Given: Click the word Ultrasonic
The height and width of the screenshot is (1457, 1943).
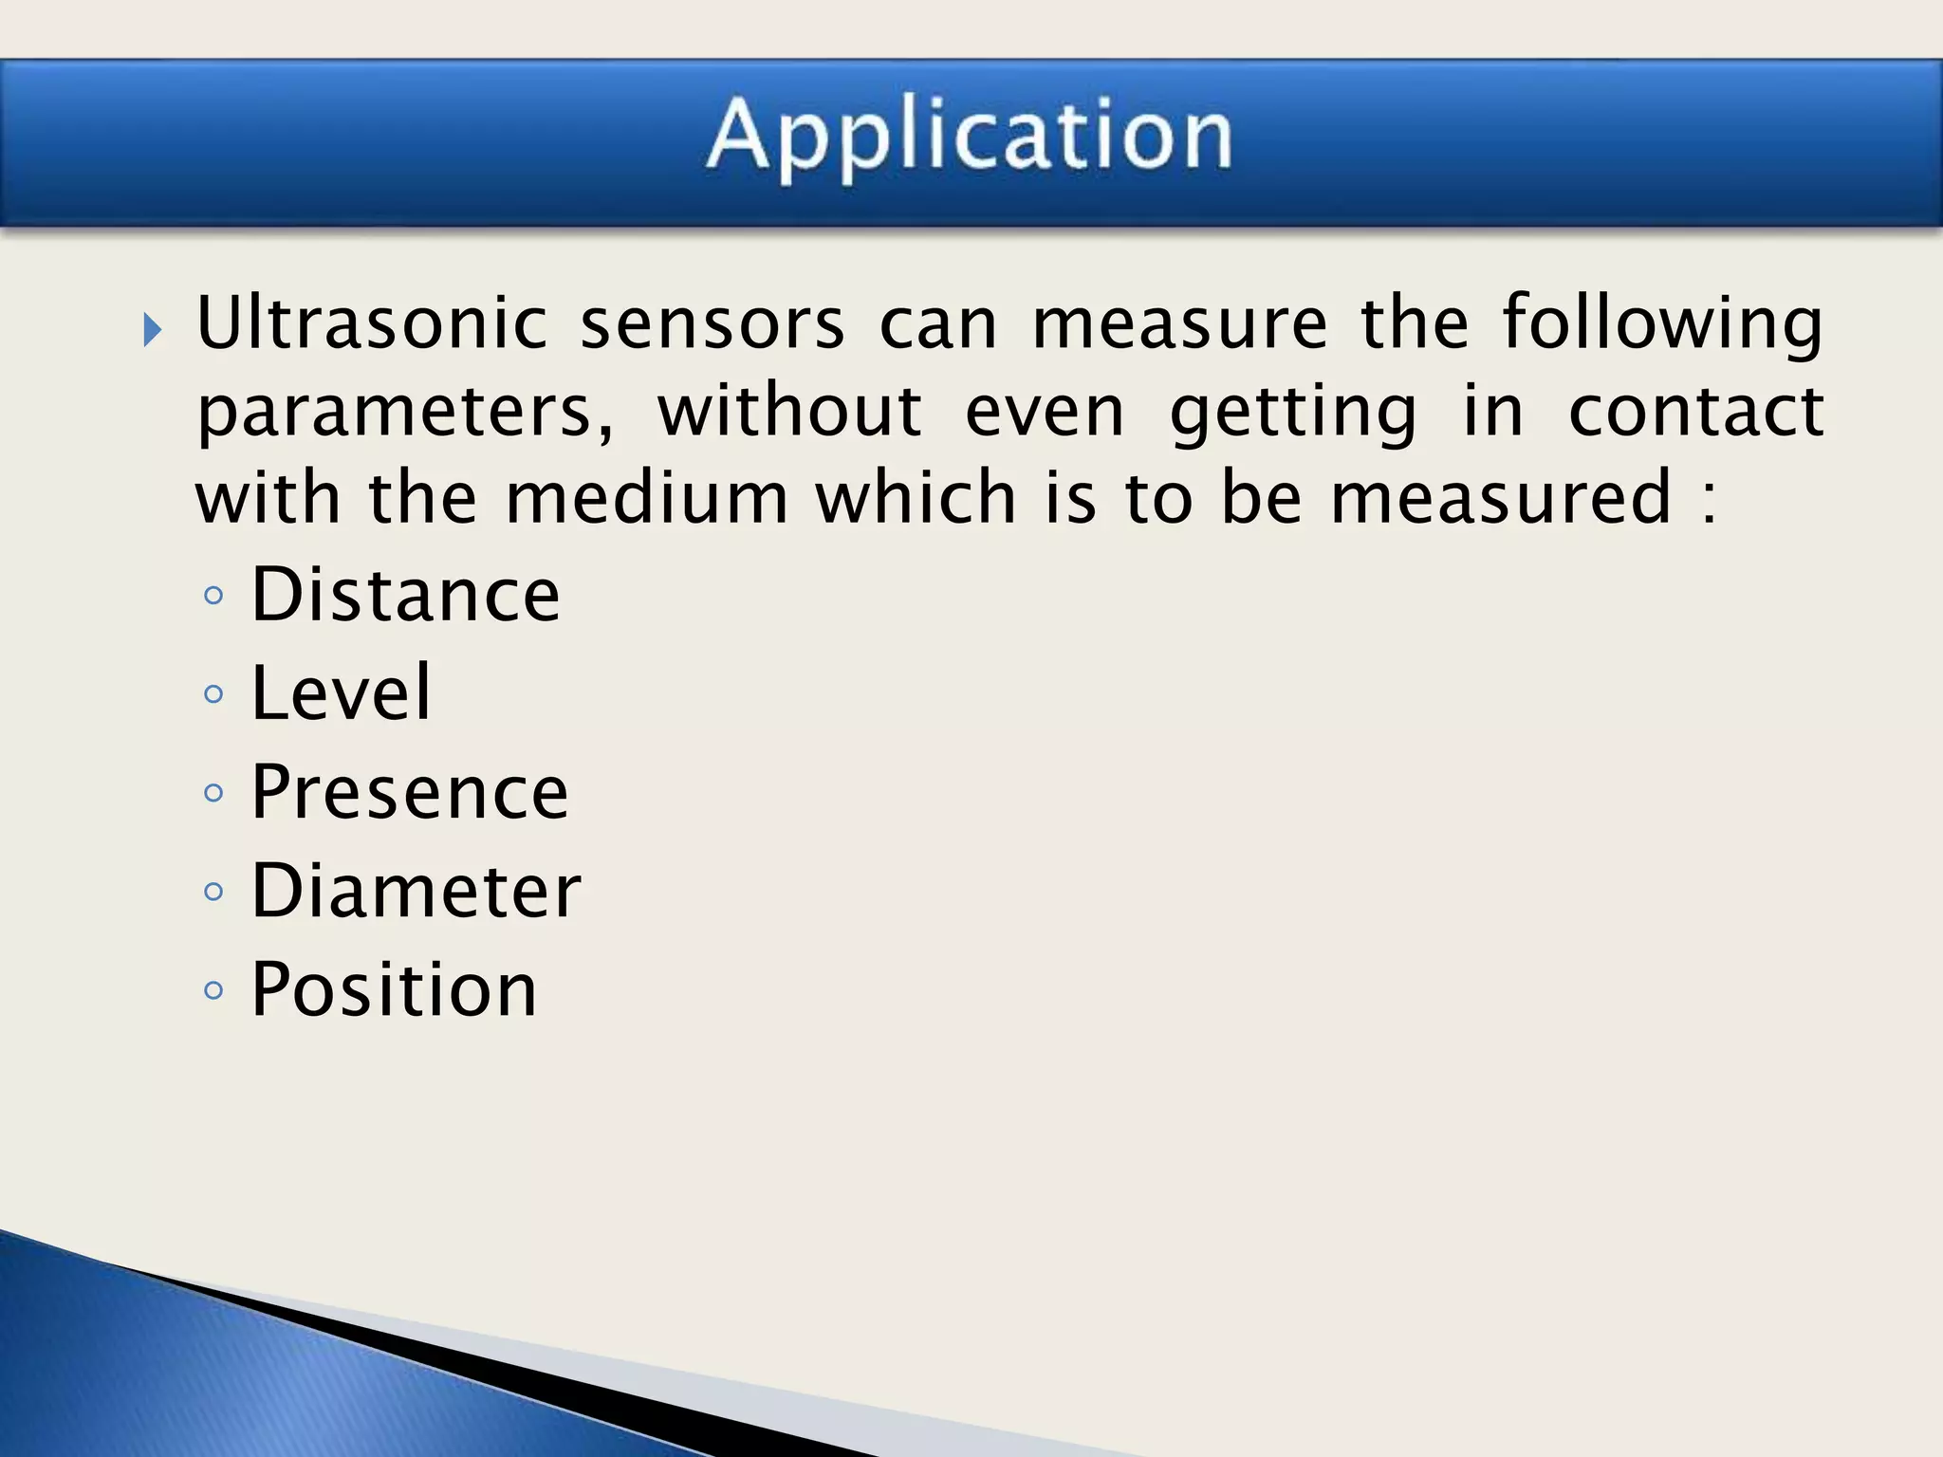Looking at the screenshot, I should pos(372,323).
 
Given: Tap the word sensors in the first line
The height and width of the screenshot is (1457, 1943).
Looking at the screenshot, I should pos(712,323).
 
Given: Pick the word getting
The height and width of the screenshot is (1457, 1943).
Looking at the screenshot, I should pos(1293,414).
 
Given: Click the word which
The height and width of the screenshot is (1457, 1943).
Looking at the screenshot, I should pos(916,497).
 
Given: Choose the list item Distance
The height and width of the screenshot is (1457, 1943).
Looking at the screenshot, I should pos(405,595).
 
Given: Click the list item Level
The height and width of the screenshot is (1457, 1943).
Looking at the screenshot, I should pos(341,693).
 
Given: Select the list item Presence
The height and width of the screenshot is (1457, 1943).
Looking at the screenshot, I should pos(409,792).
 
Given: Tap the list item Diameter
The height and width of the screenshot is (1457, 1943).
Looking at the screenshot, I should pos(416,891).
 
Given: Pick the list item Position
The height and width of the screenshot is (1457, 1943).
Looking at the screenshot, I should pos(394,989).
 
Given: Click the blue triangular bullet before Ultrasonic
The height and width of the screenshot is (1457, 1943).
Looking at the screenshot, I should pos(153,331).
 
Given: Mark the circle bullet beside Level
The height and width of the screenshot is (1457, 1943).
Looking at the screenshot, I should pos(213,694).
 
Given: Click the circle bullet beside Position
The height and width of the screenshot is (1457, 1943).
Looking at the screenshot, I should pos(213,991).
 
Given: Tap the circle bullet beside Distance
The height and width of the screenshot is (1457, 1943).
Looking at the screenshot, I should pos(213,596).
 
